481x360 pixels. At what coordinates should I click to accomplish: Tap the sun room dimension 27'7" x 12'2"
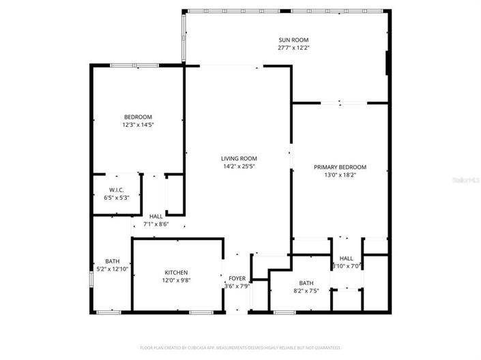tap(287, 48)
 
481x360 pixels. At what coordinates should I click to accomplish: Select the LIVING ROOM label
tap(239, 158)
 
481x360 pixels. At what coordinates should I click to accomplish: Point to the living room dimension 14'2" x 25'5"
tap(239, 166)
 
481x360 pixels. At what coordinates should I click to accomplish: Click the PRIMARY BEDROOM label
tap(340, 167)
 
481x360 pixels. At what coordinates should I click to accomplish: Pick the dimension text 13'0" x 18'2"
tap(340, 175)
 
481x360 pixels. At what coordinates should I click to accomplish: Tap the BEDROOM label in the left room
tap(137, 117)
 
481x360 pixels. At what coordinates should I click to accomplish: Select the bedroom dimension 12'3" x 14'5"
tap(137, 125)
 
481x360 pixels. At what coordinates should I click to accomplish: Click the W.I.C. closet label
tap(116, 190)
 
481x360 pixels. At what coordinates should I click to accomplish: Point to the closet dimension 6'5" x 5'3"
tap(116, 198)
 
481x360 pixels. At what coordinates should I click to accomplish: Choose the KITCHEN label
tap(176, 273)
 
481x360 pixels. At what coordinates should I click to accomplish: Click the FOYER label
tap(237, 278)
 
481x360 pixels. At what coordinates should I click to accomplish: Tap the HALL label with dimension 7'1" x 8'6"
tap(156, 216)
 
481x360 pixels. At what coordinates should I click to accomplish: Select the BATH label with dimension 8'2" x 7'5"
tap(306, 283)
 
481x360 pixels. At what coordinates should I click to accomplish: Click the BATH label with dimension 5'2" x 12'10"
tap(112, 261)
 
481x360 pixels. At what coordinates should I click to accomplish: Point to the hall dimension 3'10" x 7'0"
tap(346, 267)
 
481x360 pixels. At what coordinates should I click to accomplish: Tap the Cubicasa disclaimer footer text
tap(240, 348)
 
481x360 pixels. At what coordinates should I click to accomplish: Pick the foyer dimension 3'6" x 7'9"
tap(237, 286)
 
